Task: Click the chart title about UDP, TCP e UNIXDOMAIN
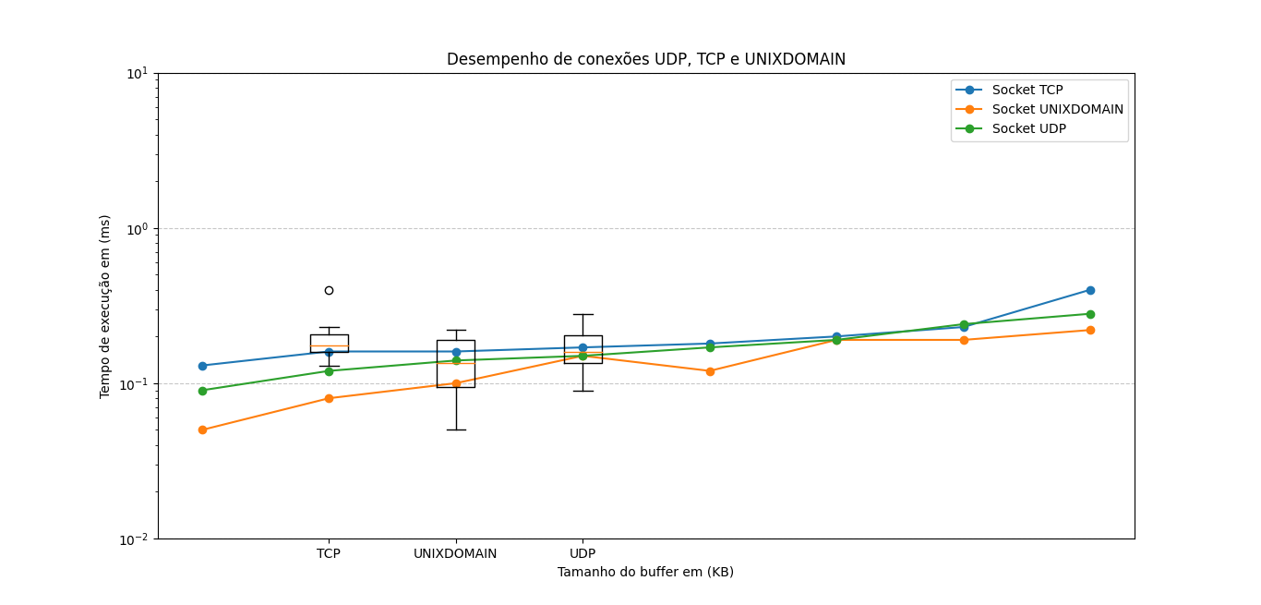645,59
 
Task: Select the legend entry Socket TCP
1027,90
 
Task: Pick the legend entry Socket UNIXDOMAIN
1057,109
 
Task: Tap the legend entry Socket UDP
1028,128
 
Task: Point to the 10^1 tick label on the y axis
138,73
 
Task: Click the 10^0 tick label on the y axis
138,228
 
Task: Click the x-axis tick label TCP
329,554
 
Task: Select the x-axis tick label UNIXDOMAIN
455,554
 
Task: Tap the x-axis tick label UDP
582,554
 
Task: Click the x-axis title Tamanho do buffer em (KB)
645,573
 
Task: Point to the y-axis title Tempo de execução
105,306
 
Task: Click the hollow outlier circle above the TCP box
329,290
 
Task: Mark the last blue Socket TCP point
1090,290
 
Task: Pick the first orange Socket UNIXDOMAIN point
202,430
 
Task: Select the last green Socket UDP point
1090,314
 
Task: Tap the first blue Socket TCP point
202,366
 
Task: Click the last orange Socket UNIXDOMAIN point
1090,330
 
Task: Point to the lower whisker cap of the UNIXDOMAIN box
456,430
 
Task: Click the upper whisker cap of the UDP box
582,314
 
